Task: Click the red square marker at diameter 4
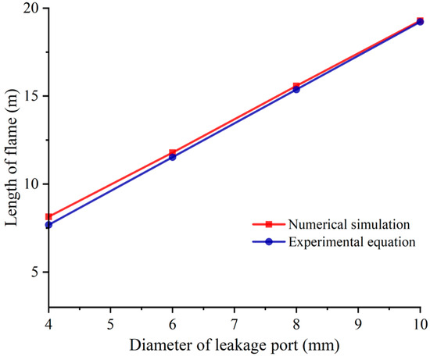pos(48,216)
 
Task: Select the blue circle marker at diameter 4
pos(48,225)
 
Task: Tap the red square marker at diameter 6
pos(172,153)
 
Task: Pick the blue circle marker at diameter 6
pos(172,157)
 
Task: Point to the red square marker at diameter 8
pos(296,86)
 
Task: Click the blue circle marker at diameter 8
pos(296,90)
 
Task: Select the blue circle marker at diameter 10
pos(420,22)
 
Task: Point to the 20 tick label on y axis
pos(32,9)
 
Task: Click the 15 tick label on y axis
pos(32,96)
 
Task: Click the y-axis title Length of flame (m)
pos(11,156)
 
